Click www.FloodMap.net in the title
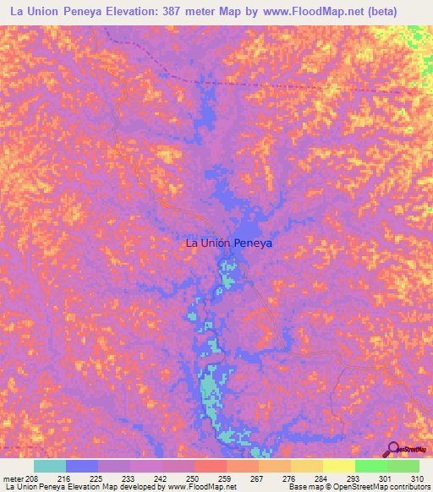coord(310,12)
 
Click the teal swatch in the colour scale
coord(50,466)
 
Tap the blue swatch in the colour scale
coord(82,466)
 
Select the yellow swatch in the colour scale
coord(339,466)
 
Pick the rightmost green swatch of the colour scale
coord(403,466)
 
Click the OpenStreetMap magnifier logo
coord(392,449)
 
